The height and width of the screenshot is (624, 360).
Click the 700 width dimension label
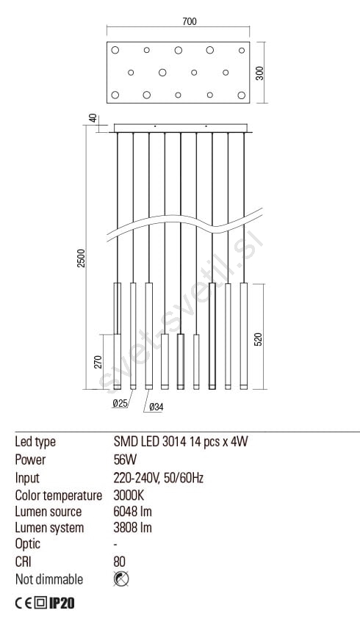[x=190, y=21]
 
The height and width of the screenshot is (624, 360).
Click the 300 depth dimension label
[x=259, y=73]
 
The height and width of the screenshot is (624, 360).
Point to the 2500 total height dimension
[x=82, y=258]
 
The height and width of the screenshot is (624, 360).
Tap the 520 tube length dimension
[x=259, y=339]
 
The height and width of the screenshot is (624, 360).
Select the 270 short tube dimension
[x=98, y=361]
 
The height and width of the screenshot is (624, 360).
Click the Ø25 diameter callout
[x=120, y=403]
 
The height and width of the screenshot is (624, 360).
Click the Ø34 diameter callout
[x=156, y=407]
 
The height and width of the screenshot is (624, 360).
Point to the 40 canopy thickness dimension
[x=93, y=119]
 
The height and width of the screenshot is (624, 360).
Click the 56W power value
[x=125, y=460]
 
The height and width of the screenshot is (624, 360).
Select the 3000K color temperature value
[x=129, y=495]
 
